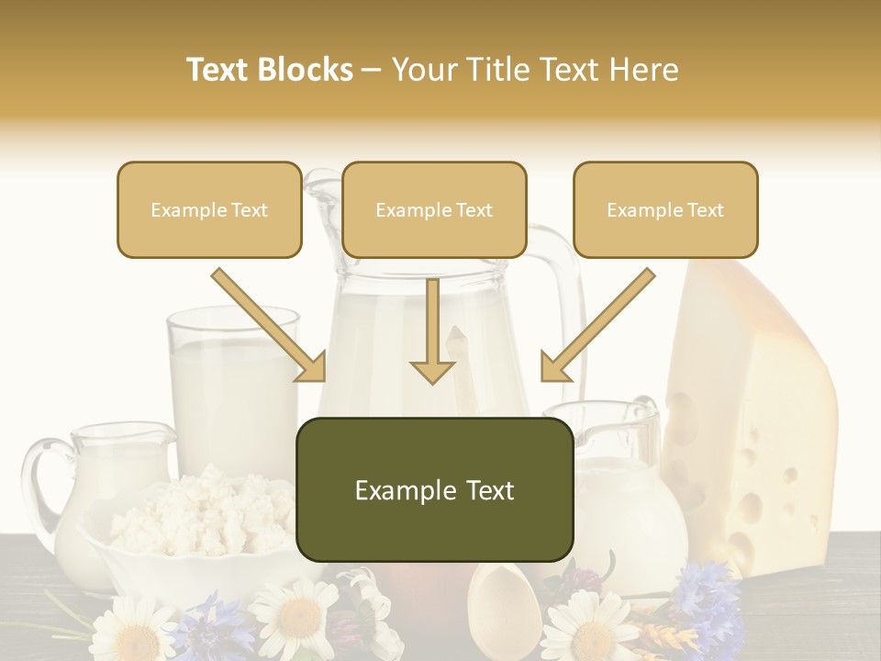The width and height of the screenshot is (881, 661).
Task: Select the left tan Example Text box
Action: [209, 209]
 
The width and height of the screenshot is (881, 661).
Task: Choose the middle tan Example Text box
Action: [434, 209]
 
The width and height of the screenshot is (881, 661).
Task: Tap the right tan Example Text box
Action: [665, 209]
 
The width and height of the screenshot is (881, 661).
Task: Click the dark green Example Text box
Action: [434, 489]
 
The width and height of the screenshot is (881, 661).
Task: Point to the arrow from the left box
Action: [271, 326]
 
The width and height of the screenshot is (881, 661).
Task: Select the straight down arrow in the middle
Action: [432, 330]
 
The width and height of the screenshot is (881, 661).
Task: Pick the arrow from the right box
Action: [597, 326]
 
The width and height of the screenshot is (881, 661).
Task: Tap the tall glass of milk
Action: [231, 386]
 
